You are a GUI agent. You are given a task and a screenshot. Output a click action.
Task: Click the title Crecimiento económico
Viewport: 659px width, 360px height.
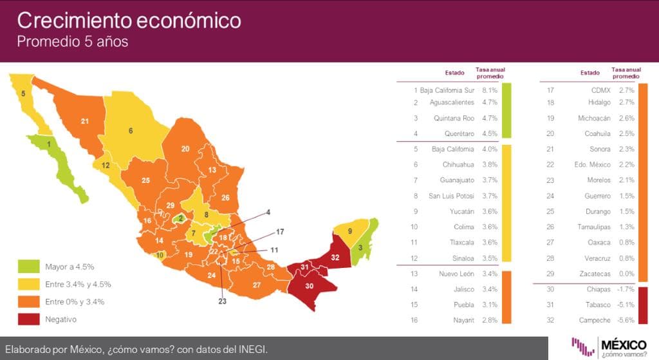click(x=129, y=21)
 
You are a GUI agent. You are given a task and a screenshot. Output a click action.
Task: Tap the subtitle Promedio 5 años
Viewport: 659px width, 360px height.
click(x=72, y=43)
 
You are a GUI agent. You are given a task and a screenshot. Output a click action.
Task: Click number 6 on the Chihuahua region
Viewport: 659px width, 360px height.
click(x=131, y=131)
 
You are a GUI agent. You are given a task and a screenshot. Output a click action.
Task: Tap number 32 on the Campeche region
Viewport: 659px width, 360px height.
click(x=335, y=256)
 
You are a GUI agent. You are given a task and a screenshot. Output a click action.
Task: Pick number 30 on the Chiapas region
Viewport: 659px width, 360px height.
click(x=309, y=286)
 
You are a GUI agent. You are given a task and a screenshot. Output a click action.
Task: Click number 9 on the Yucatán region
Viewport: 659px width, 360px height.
click(x=350, y=231)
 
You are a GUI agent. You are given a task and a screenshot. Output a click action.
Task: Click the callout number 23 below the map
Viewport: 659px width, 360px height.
click(x=223, y=301)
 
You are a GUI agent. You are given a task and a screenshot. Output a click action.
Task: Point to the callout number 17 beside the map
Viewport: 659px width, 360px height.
click(x=279, y=231)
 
